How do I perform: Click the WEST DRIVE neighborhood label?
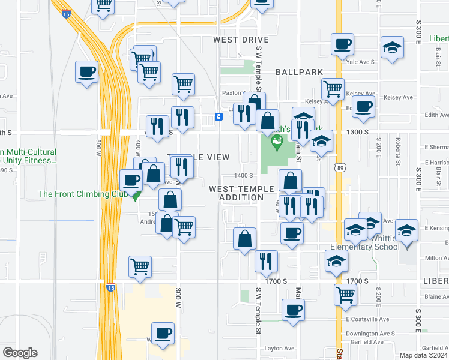(x=241, y=40)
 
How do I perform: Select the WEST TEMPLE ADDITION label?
(x=241, y=193)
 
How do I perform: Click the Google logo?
(x=20, y=353)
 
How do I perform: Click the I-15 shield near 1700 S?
(x=110, y=287)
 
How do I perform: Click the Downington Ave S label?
(x=370, y=333)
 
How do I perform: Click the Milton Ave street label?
(x=436, y=258)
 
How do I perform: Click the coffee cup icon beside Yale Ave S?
(x=342, y=44)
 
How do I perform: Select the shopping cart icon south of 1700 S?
(x=345, y=295)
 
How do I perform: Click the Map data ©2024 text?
(x=424, y=355)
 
